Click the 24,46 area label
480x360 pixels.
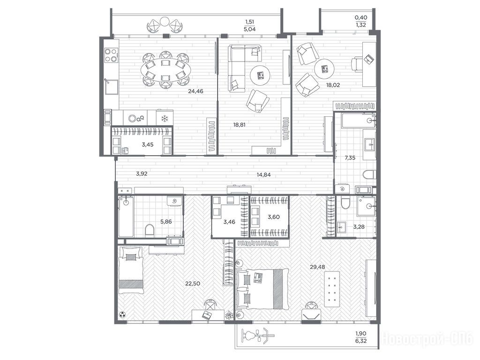[x=195, y=91]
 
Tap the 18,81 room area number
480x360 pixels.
[x=239, y=125]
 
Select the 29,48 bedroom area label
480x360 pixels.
[x=317, y=267]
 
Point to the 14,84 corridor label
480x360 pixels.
[x=263, y=175]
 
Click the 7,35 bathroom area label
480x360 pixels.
[x=350, y=158]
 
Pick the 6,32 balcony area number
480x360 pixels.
[x=361, y=340]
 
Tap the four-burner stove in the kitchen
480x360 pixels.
[x=111, y=55]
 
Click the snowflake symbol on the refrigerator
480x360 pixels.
[x=165, y=118]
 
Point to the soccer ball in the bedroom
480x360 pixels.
[x=122, y=315]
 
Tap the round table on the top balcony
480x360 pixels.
[x=165, y=22]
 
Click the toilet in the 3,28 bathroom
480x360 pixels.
[x=345, y=202]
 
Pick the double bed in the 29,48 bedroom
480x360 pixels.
[x=262, y=289]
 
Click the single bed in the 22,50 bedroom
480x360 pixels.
[x=131, y=270]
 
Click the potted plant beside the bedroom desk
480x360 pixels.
[x=229, y=315]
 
